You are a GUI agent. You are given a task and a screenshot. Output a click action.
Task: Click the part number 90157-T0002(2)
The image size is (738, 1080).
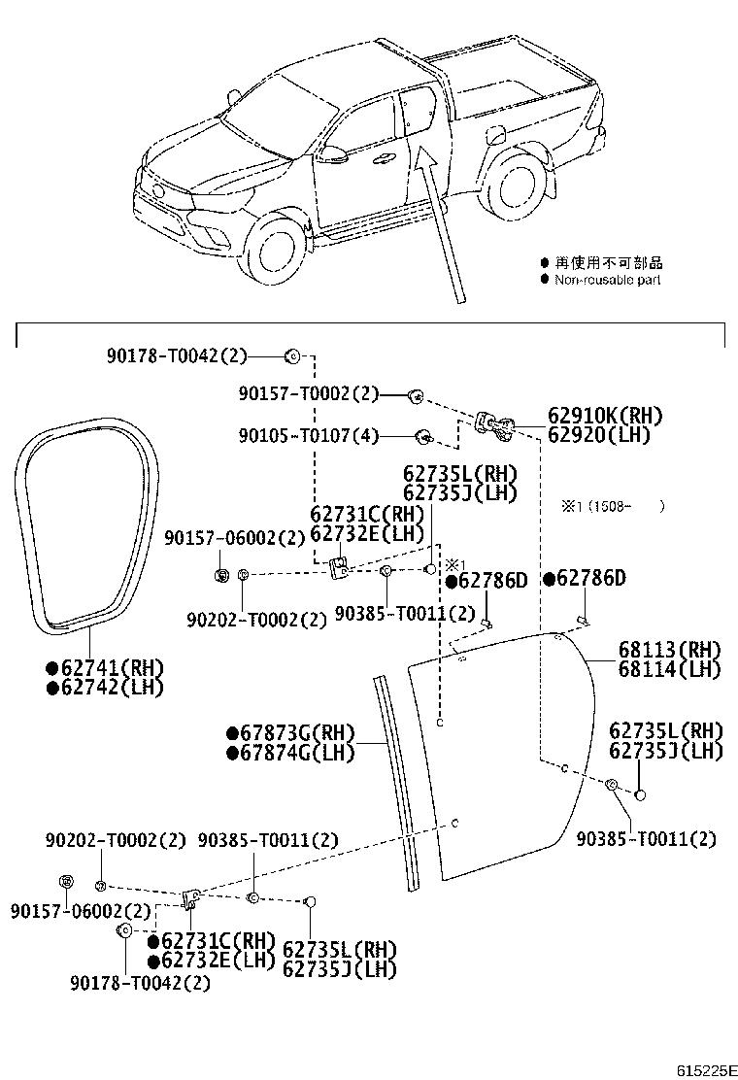308,394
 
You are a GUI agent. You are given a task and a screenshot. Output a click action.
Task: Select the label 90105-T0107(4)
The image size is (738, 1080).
308,435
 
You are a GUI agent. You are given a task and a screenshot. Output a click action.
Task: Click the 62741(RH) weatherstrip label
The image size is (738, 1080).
105,667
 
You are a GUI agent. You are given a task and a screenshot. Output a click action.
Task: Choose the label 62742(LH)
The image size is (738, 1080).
105,687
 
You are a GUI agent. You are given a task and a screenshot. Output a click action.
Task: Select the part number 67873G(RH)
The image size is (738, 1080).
291,733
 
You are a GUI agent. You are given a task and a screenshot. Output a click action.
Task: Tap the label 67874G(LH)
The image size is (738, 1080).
291,753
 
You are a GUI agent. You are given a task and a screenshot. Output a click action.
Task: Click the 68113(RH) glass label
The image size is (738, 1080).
670,650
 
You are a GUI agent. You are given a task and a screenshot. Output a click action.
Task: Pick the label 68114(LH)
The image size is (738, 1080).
670,669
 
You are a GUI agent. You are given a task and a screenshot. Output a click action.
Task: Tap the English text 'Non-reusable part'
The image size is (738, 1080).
608,280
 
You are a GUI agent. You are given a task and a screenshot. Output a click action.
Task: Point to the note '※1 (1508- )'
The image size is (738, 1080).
612,506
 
